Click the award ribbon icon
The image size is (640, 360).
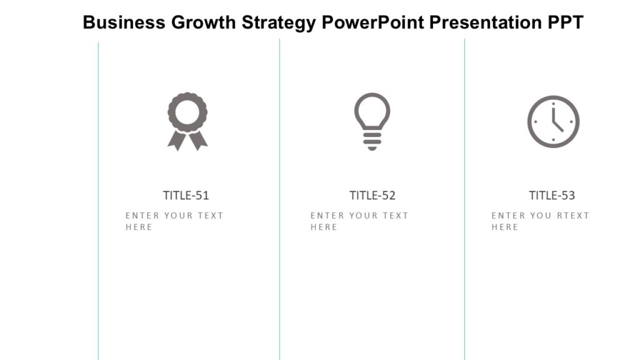187,120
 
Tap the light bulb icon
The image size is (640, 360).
372,121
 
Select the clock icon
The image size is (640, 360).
553,122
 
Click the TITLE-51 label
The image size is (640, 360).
186,195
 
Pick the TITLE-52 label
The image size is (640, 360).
372,195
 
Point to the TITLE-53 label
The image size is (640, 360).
552,195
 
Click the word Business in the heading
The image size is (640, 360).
124,22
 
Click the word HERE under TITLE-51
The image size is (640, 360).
139,227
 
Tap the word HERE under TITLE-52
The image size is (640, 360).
324,227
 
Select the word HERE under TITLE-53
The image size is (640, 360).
504,227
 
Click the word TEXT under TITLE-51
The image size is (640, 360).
211,216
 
